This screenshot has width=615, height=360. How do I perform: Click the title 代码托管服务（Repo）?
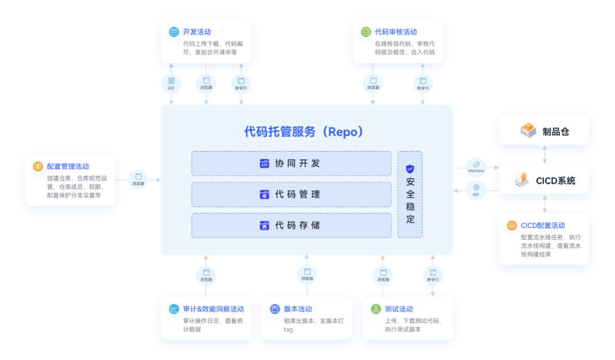pos(304,132)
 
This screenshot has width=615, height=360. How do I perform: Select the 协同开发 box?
pos(291,163)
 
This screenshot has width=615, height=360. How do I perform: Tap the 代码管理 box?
pos(291,194)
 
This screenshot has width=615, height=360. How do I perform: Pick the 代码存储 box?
pos(291,226)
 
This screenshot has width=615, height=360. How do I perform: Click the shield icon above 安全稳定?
pos(410,169)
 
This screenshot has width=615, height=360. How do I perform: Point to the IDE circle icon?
pos(171,84)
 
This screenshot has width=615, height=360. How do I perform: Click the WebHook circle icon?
pos(476,166)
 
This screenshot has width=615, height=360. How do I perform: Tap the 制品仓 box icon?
pos(528,130)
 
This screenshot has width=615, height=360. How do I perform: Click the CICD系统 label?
pos(555,181)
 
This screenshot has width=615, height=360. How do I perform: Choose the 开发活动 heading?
pos(197,32)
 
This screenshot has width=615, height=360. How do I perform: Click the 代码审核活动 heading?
pos(396,32)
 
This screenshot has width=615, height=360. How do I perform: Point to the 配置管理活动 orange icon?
pos(38,166)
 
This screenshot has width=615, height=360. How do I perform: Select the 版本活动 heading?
pos(298,309)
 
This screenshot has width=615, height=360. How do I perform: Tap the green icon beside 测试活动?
pos(376,309)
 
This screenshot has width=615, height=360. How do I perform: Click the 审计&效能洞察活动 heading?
pos(213,309)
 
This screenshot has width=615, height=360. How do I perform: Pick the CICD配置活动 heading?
pos(543,226)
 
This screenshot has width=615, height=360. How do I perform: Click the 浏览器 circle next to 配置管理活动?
pos(138,179)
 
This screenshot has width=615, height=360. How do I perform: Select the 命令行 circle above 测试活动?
pos(433,275)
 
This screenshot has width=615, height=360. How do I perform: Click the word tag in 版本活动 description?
pos(288,330)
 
